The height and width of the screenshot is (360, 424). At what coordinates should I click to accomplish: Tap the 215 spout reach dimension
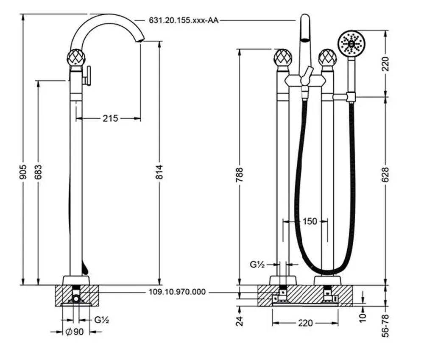(x=110, y=118)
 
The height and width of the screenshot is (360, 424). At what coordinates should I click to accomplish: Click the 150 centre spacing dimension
(x=310, y=221)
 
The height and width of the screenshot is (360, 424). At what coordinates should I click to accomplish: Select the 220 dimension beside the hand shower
(x=385, y=65)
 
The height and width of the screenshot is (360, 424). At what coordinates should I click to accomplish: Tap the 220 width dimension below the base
(x=305, y=323)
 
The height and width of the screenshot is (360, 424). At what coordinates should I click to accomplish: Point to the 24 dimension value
(x=240, y=321)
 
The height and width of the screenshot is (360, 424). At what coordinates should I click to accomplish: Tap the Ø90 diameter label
(x=75, y=332)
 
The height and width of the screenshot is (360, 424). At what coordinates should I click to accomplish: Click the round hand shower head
(x=351, y=43)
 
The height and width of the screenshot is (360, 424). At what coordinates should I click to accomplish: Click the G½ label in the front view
(x=257, y=265)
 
